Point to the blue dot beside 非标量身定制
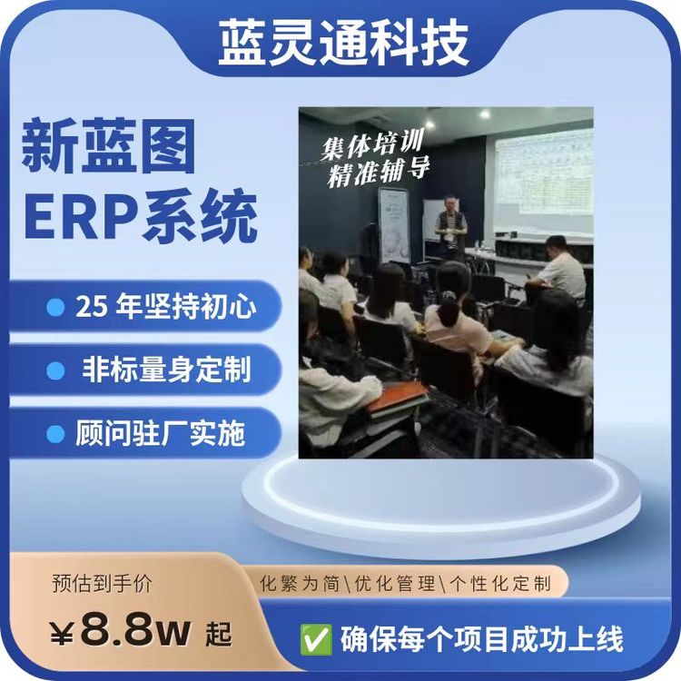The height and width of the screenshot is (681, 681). [56, 370]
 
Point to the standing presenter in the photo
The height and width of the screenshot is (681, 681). [450, 227]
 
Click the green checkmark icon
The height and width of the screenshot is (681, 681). [316, 639]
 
